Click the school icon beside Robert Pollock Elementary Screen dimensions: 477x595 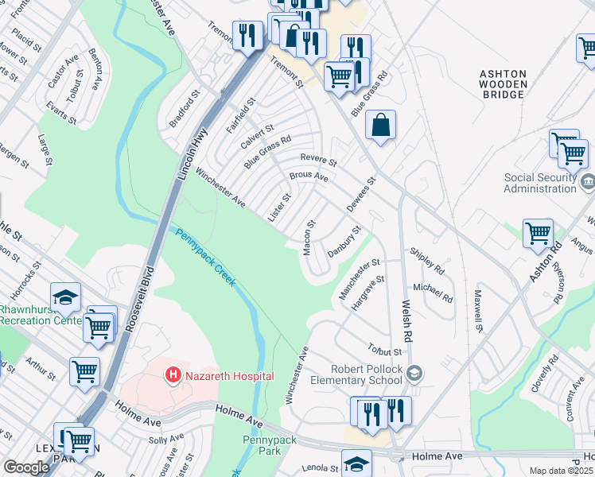(414, 373)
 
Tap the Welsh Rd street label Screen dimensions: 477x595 (406, 320)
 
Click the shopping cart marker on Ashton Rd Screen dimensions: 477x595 (539, 234)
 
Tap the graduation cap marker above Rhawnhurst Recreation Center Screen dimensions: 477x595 (66, 297)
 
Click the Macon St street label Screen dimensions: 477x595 (308, 238)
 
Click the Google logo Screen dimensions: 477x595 (26, 467)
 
